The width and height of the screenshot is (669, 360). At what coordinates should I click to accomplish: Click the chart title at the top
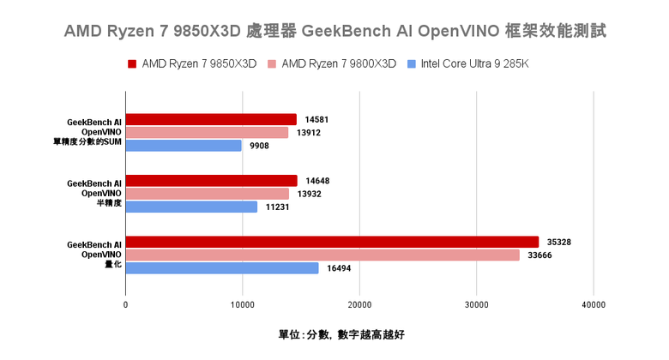(335, 31)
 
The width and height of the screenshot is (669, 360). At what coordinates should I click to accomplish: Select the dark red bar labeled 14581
(211, 119)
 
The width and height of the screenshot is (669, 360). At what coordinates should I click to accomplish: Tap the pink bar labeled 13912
(207, 132)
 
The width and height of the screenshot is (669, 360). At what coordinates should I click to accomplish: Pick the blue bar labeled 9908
(184, 146)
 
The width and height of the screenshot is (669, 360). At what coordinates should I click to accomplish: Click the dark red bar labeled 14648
(211, 180)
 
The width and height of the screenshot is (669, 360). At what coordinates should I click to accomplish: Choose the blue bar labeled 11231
(191, 207)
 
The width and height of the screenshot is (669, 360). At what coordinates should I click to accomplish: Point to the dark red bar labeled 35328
(332, 242)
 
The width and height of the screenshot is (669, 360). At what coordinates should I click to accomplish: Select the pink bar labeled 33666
(322, 255)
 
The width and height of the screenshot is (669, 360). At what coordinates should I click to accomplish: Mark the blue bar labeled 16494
(222, 268)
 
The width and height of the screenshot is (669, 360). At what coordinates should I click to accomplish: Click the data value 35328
(557, 242)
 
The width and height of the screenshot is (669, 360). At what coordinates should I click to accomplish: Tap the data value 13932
(310, 194)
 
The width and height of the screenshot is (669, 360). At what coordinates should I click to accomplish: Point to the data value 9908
(260, 146)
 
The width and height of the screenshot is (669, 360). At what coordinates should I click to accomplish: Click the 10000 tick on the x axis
(243, 304)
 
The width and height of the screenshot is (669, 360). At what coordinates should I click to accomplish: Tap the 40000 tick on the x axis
(594, 304)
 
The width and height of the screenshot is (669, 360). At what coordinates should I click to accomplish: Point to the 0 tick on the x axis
(126, 304)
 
